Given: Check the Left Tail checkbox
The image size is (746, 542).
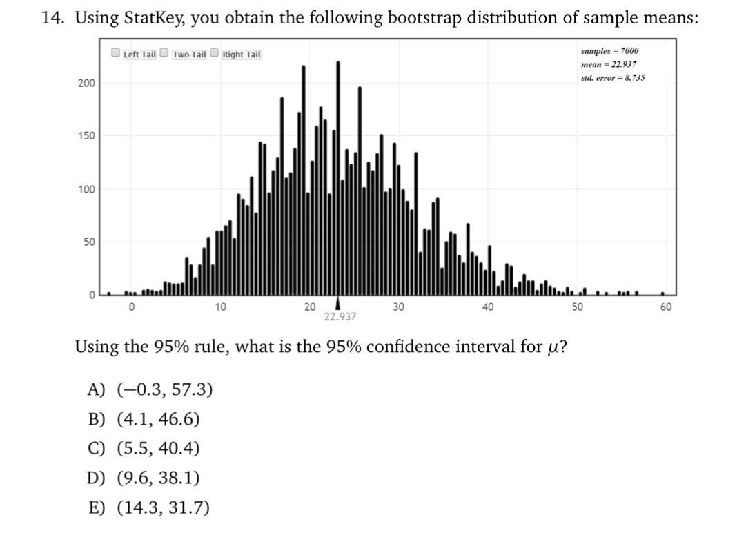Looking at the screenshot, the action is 116,53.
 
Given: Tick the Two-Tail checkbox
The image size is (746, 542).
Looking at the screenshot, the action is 164,53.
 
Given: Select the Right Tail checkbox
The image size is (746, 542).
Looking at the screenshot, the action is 215,53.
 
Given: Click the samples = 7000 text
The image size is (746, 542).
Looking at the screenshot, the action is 609,51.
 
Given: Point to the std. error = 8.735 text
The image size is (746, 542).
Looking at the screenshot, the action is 613,77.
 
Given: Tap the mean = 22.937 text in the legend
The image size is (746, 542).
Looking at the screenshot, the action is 609,64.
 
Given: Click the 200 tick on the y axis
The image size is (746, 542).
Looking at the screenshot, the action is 86,84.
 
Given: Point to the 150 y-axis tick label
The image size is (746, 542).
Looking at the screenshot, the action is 86,136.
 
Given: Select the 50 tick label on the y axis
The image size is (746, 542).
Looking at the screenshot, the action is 90,242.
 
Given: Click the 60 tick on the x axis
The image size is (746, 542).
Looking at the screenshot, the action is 666,307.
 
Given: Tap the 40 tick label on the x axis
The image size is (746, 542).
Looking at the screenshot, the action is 488,307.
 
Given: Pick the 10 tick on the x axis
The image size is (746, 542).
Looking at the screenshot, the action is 220,307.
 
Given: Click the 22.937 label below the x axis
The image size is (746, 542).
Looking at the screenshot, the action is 340,317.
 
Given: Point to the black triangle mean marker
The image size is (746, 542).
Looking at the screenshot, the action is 337,304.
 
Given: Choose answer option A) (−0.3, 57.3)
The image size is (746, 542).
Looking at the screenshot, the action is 150,389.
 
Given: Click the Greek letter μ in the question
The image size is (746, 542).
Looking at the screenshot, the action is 552,348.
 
